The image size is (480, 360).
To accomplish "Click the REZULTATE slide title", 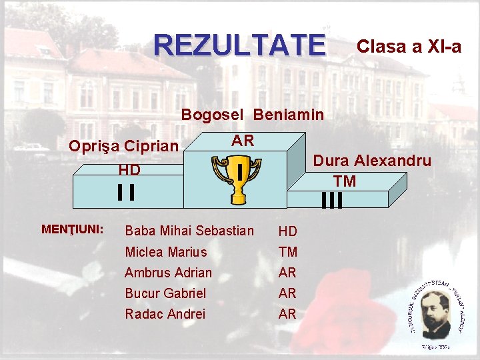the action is pos(240,45).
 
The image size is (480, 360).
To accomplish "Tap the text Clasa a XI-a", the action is pos(409,46).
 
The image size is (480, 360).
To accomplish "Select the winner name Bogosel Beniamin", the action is pos(253,115).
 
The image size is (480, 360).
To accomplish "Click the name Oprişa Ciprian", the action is pos(124,146).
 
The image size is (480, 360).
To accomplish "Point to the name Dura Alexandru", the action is pos(372,161).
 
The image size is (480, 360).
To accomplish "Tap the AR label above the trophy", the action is pos(242,141).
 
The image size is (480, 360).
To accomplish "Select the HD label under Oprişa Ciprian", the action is pos(129,170).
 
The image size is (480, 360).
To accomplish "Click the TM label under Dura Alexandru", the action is pos(345,181).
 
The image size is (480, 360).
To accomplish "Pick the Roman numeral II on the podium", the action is pos(126,192).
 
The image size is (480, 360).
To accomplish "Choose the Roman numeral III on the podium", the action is pos(331,200).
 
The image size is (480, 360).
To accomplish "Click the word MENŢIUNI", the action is pos(72,229).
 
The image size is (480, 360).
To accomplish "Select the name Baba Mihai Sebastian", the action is pos(189,231).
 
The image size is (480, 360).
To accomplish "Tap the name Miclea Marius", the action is pos(166,252).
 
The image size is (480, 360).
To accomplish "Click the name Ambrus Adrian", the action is pos(168,273).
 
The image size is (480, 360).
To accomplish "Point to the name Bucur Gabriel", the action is pos(165,293).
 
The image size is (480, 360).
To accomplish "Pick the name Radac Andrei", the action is pos(165,314).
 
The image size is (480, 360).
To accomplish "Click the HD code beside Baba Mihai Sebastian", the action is pos(288,231).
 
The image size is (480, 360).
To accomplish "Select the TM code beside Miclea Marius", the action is pos(288,252).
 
